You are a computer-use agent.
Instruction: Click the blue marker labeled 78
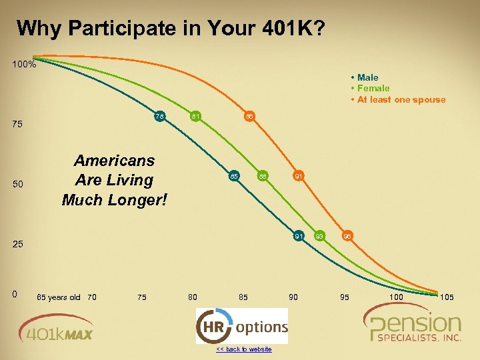(160, 117)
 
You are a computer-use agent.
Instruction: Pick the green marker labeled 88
(263, 177)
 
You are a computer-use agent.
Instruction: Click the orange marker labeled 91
(299, 177)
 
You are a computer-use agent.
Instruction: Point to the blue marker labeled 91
(299, 236)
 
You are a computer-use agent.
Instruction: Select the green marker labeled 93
(320, 236)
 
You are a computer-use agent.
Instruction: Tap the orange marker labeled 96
(348, 236)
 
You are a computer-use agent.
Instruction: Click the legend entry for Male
(367, 77)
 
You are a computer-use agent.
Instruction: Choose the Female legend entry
(373, 88)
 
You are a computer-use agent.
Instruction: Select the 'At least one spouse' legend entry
(400, 99)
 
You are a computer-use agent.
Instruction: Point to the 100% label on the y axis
(24, 65)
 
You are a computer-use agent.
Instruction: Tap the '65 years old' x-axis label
(58, 297)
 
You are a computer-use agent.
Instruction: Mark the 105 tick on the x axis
(447, 297)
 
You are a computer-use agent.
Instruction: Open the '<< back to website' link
(243, 349)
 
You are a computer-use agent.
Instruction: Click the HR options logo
(242, 326)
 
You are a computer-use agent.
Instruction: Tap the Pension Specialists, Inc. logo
(415, 325)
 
